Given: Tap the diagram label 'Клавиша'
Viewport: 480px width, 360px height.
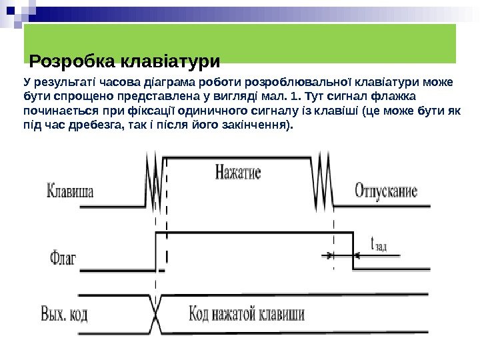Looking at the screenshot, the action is (71, 193).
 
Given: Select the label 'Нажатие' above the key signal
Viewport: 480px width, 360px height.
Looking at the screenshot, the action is (238, 173).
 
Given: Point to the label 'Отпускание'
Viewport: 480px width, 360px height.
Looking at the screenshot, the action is (387, 192).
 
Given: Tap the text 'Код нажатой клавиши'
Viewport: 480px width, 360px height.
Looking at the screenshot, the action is (247, 313).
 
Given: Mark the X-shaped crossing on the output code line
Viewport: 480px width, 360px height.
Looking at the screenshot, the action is (156, 311).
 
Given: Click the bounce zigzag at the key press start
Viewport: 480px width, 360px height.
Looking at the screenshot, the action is (153, 180).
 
